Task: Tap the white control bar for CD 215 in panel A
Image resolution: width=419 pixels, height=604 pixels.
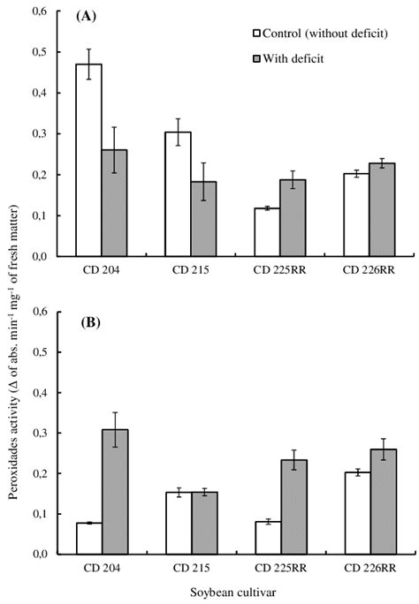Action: (179, 194)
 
